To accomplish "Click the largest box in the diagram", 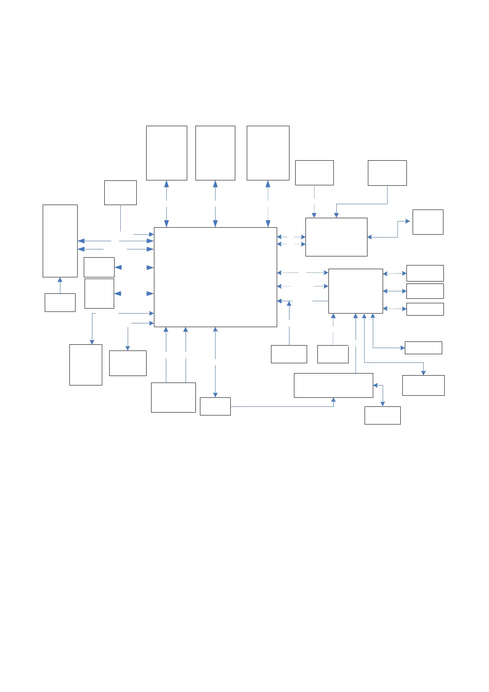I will (215, 277).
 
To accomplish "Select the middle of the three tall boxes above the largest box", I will (215, 153).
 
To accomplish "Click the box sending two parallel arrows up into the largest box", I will (173, 397).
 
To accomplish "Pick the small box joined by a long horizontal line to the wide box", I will (215, 406).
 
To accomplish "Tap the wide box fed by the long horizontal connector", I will (333, 385).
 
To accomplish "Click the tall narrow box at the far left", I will (60, 241).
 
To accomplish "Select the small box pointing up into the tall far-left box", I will (60, 302).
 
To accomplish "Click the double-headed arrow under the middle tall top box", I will (215, 203).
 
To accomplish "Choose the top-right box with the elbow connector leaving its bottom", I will (387, 173).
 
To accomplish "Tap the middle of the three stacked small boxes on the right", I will (425, 291).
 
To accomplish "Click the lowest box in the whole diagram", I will (382, 415).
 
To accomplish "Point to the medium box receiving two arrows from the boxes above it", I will (336, 237).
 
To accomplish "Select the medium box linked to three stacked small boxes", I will (356, 291).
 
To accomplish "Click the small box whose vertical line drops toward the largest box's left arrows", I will (120, 192).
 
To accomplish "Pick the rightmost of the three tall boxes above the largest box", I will (268, 153).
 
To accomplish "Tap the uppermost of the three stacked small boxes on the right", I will (425, 273).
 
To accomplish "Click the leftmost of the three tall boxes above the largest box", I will (166, 153).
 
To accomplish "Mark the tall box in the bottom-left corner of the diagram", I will (86, 364).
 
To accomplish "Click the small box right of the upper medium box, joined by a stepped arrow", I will (428, 222).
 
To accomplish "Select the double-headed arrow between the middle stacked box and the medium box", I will (395, 291).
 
